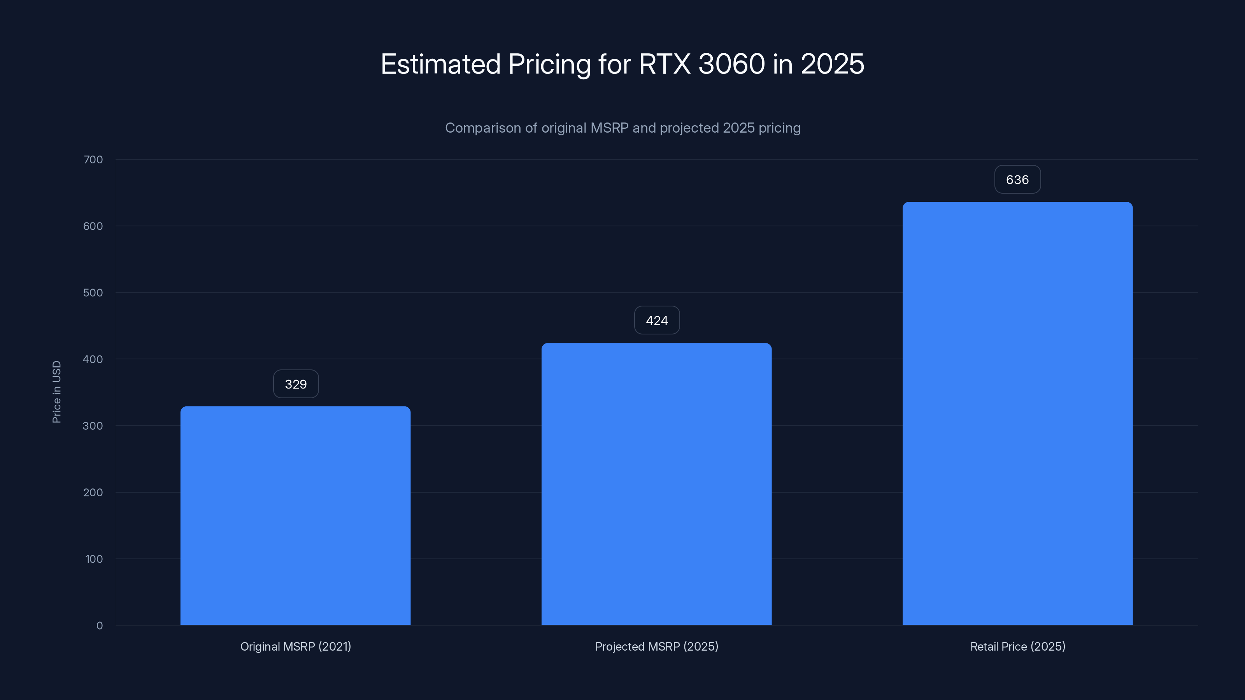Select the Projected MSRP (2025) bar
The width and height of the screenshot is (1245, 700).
[x=656, y=484]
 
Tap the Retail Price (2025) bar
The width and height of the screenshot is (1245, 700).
[x=1017, y=413]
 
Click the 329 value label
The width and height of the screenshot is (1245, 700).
[x=296, y=384]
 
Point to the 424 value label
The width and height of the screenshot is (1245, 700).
[x=657, y=320]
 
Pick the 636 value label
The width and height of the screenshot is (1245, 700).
[x=1017, y=180]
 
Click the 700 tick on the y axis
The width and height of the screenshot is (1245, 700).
[x=93, y=160]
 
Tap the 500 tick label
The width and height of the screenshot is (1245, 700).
[x=93, y=293]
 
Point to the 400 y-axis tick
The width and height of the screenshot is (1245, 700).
[x=93, y=359]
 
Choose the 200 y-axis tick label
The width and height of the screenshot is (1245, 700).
[x=93, y=493]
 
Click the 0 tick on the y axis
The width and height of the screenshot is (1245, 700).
[x=100, y=626]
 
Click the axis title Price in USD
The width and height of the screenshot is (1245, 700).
[x=56, y=392]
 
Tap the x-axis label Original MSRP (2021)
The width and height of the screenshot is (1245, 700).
[x=296, y=646]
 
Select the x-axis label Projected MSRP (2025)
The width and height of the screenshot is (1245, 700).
[x=657, y=646]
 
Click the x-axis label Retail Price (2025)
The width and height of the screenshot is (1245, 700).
[x=1017, y=646]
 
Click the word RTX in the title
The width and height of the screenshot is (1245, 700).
[x=665, y=64]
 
